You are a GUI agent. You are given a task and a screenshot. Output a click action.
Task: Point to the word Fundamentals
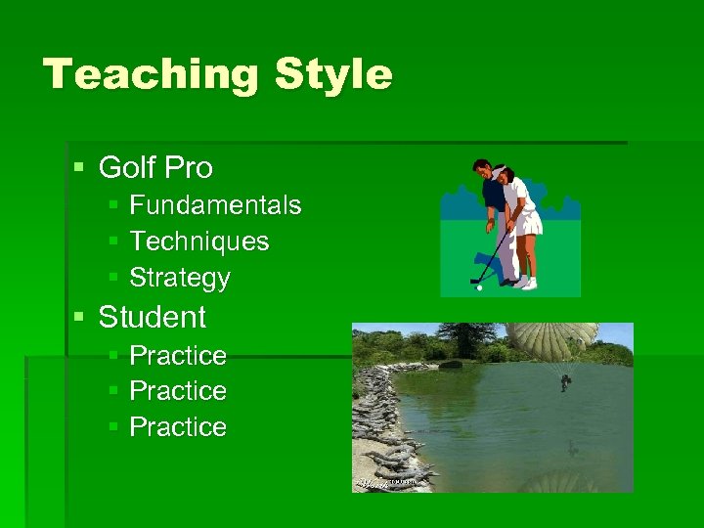click(x=215, y=205)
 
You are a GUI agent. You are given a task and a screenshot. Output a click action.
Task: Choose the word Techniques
click(x=199, y=242)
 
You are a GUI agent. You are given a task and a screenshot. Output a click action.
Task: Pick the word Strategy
click(x=180, y=279)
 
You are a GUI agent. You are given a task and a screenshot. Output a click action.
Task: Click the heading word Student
click(x=153, y=317)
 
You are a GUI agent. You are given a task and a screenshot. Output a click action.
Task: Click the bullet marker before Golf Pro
click(x=79, y=168)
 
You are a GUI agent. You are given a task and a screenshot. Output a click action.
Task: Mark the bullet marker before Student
click(x=79, y=317)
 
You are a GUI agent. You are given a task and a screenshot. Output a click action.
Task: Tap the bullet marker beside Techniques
click(x=113, y=242)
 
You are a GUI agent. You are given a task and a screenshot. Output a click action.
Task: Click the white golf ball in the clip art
click(x=478, y=287)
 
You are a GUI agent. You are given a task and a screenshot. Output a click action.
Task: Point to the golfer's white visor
click(x=501, y=173)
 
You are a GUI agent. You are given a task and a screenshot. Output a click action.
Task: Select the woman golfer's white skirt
click(x=529, y=225)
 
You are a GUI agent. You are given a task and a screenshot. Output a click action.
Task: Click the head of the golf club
click(x=475, y=280)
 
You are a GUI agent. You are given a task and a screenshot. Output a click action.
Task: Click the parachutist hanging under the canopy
click(x=565, y=382)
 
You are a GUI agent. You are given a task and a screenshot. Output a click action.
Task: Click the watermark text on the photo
click(x=388, y=482)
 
